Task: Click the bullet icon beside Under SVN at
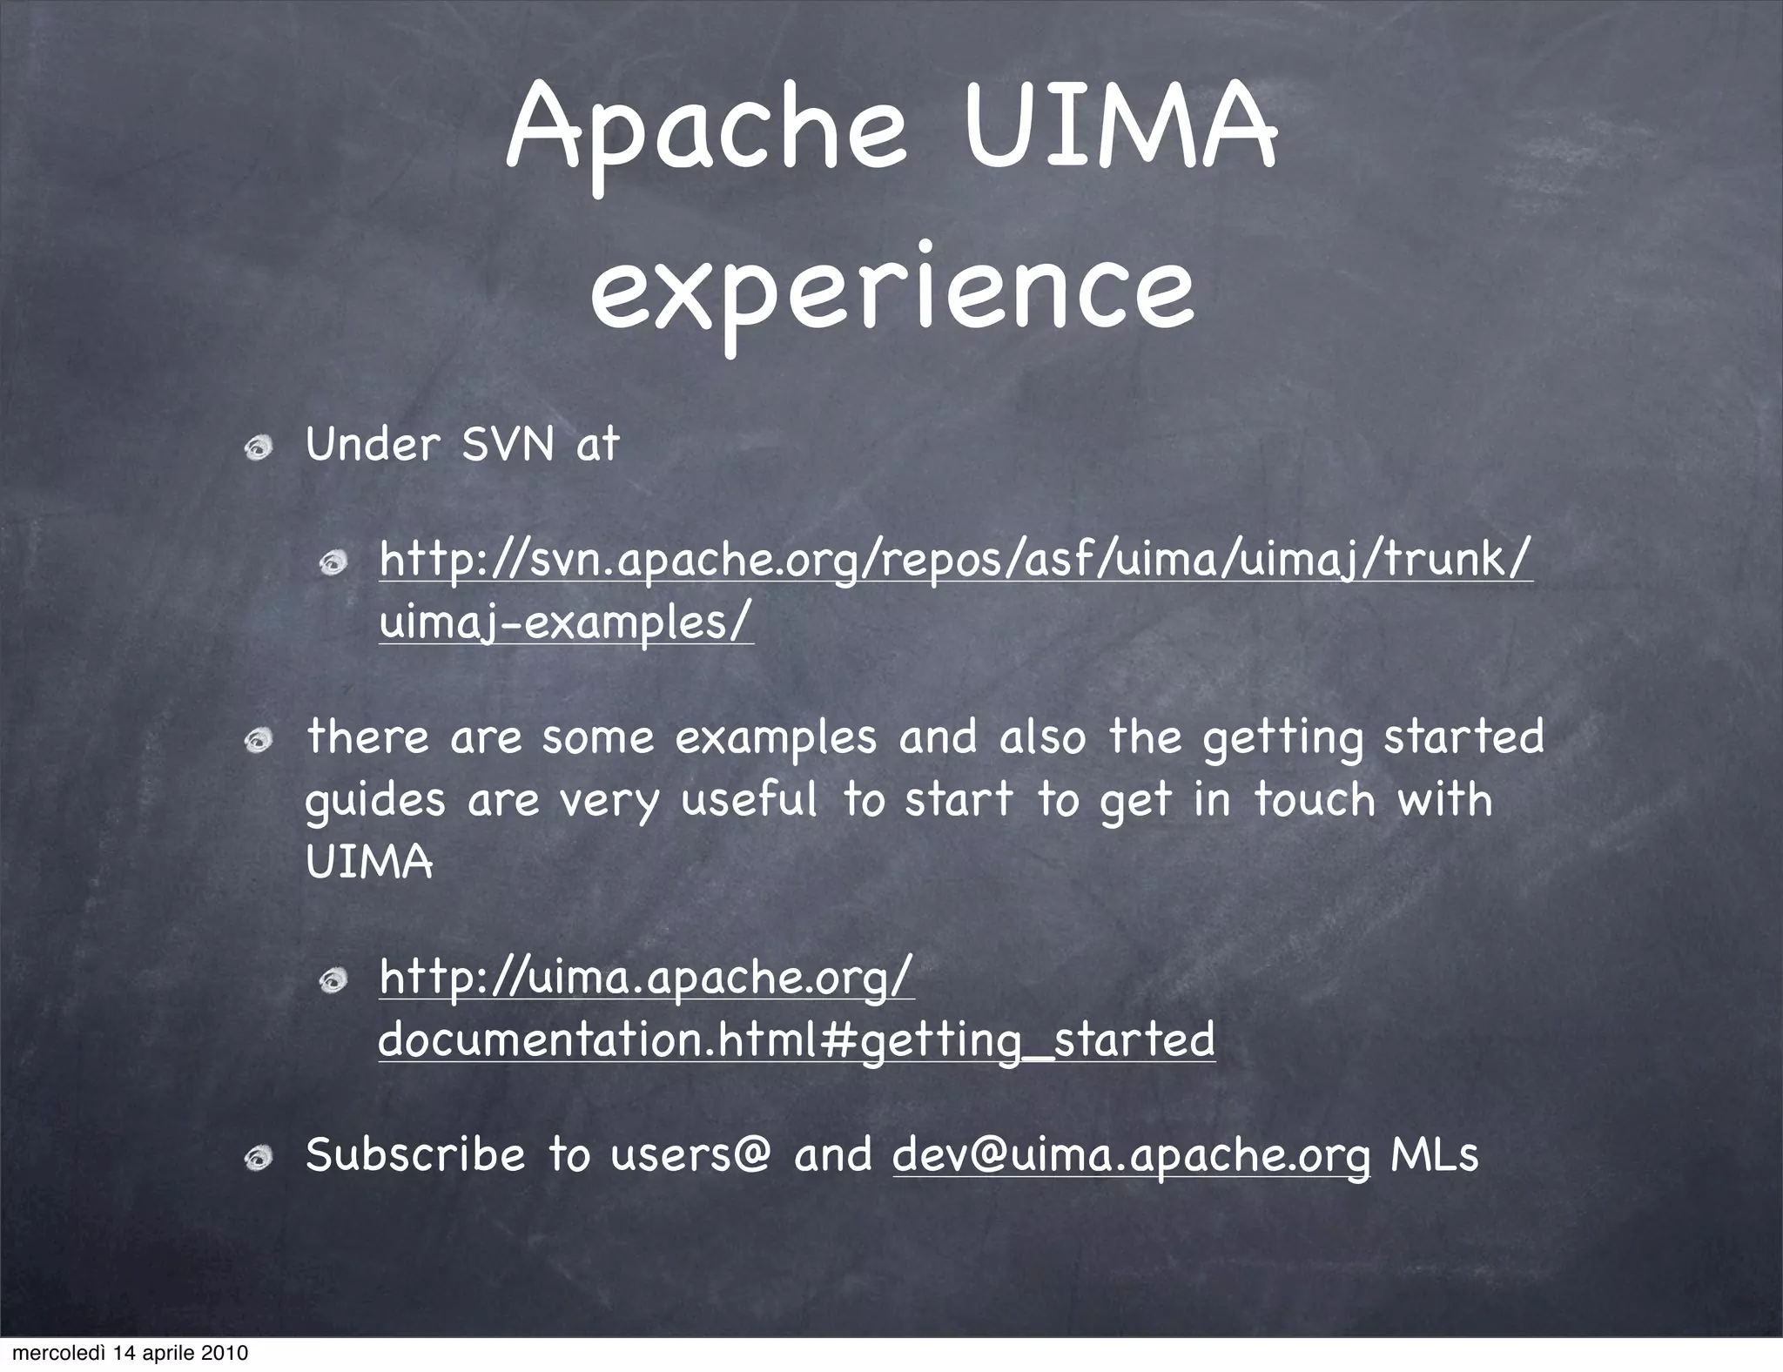[x=259, y=449]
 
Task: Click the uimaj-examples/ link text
[x=566, y=622]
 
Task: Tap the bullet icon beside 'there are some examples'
[x=259, y=740]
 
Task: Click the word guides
[x=375, y=800]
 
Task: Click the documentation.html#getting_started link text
[x=797, y=1039]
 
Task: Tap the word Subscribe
[x=415, y=1155]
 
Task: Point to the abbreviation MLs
[x=1434, y=1155]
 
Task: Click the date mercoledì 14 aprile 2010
[x=131, y=1354]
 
